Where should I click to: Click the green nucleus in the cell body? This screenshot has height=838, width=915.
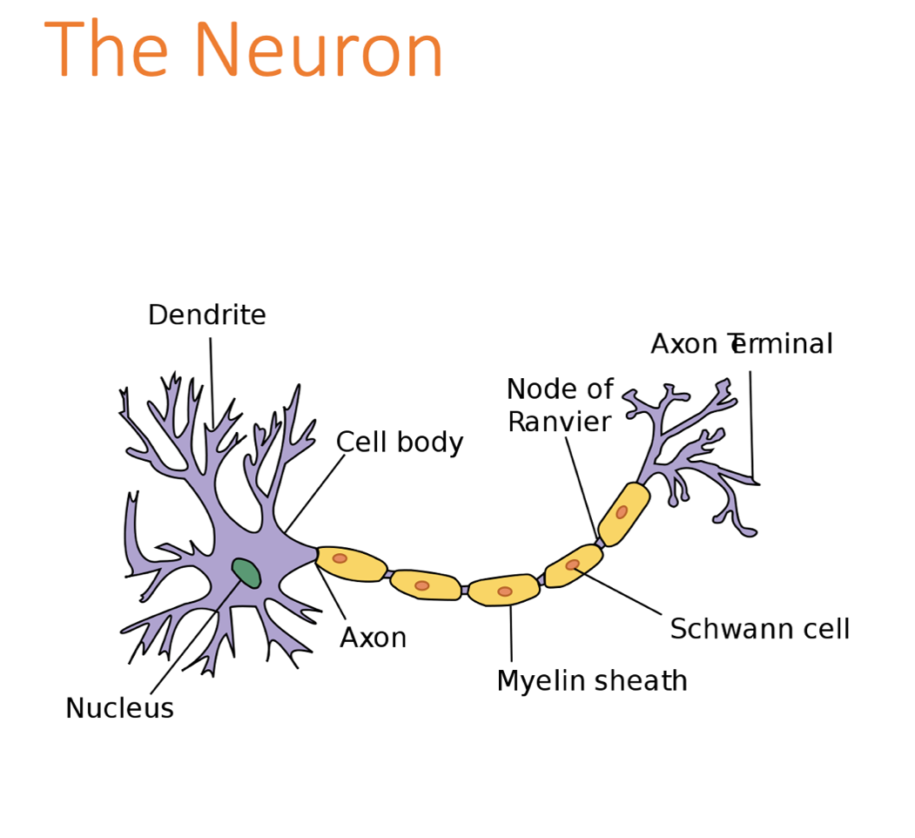(x=246, y=573)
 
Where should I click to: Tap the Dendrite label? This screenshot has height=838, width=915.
(x=207, y=315)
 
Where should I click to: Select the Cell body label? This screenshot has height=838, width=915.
(x=400, y=443)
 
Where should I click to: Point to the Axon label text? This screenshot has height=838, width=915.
(x=373, y=639)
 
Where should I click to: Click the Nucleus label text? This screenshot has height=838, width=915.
(x=119, y=709)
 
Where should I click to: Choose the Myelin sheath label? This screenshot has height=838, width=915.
(x=592, y=681)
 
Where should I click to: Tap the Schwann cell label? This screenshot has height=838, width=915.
(x=759, y=629)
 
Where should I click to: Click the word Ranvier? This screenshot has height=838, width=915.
(x=559, y=422)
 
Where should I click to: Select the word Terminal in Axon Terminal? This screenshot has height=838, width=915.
(x=783, y=345)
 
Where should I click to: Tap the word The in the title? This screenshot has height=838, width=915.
(x=106, y=51)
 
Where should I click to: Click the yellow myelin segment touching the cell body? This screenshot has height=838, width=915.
(x=351, y=563)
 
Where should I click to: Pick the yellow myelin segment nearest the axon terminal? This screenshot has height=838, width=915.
(x=624, y=514)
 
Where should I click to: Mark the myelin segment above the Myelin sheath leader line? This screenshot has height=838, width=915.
(x=504, y=590)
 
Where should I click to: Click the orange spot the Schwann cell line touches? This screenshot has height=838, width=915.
(x=572, y=565)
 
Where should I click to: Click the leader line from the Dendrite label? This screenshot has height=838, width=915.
(x=211, y=383)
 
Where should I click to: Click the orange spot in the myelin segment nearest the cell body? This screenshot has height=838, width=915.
(x=340, y=558)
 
